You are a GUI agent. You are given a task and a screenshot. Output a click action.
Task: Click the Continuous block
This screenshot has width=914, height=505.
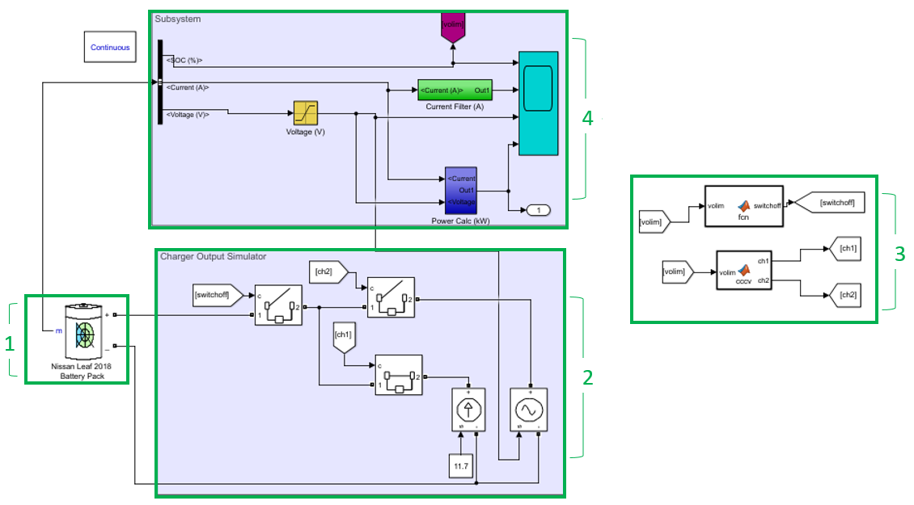click(110, 48)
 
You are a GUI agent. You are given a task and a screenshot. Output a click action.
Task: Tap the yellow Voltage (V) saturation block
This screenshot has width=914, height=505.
click(305, 113)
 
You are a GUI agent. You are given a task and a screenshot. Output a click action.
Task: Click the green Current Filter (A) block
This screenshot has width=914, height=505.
click(455, 90)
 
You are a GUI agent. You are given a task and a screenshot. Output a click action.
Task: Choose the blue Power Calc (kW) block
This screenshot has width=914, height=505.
click(461, 191)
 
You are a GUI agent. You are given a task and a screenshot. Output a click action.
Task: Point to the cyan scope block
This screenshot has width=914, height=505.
click(538, 103)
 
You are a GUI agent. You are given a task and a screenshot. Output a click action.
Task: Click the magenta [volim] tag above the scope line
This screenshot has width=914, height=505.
click(453, 27)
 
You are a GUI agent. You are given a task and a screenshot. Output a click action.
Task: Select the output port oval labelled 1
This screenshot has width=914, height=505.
click(538, 211)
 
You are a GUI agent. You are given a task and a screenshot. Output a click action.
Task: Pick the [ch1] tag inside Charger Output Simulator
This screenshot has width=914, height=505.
click(343, 336)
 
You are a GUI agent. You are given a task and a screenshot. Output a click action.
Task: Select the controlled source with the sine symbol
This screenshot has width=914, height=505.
click(529, 410)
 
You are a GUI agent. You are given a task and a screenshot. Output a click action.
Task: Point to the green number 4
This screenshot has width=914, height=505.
click(587, 118)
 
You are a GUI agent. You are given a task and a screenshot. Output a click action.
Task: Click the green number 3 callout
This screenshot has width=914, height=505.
click(899, 253)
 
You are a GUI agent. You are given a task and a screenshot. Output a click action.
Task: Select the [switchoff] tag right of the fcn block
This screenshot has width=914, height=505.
click(834, 202)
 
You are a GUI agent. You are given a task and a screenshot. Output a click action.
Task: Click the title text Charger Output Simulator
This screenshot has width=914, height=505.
click(213, 257)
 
